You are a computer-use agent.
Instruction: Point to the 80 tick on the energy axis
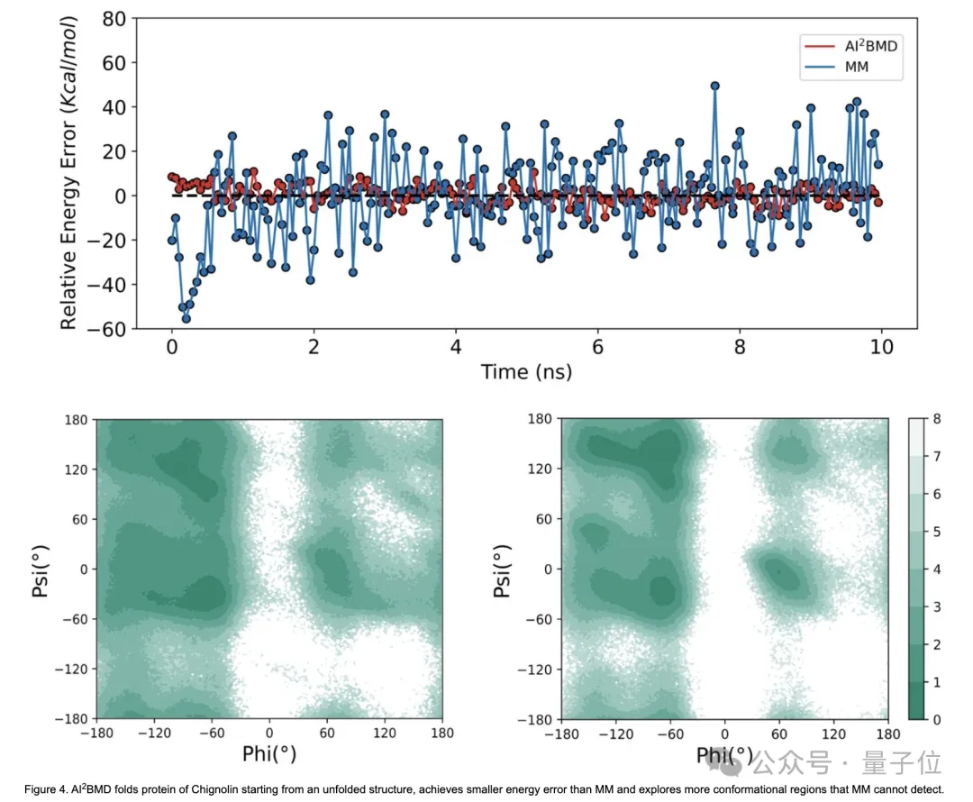tap(113, 18)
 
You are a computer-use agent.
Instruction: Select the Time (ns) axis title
tap(526, 371)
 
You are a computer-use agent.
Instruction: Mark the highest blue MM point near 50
tap(714, 86)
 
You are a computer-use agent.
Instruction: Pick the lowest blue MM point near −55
tap(186, 318)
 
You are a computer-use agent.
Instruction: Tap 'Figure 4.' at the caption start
tap(47, 790)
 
